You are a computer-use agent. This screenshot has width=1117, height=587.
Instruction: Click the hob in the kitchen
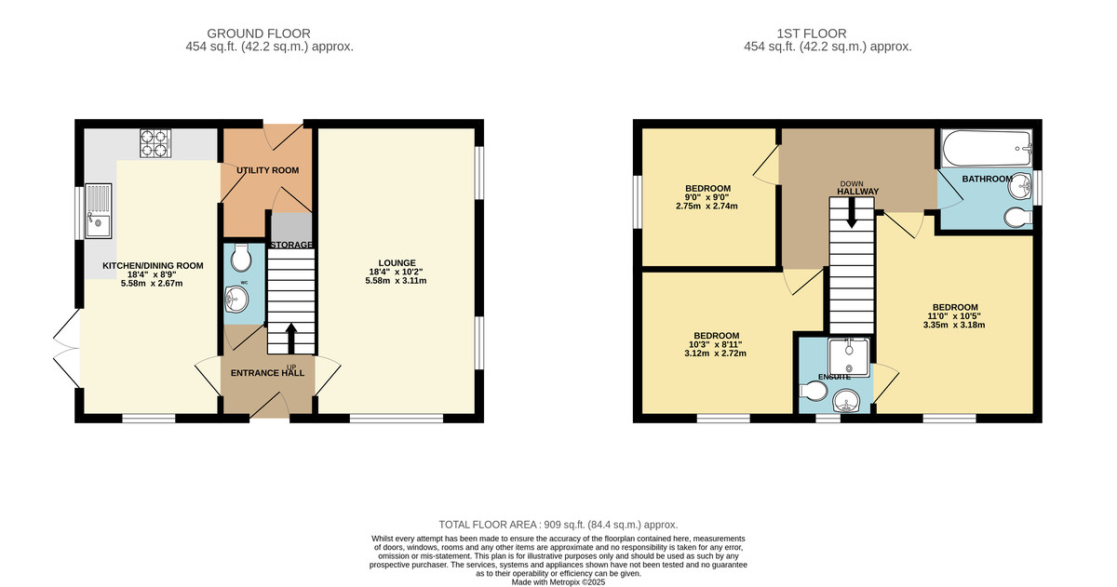click(155, 143)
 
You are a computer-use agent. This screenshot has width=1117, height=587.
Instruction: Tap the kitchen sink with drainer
click(99, 211)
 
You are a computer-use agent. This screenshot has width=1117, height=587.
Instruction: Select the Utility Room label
click(268, 170)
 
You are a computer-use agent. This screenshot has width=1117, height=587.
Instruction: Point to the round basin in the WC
click(236, 299)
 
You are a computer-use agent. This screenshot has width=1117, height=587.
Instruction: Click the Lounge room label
click(397, 263)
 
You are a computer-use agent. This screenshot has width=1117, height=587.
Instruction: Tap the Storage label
click(291, 246)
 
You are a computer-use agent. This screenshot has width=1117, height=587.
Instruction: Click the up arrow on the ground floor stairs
click(291, 339)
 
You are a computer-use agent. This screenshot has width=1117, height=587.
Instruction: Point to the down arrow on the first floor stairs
click(852, 213)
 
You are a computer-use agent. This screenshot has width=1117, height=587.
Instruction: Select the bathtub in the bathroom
click(986, 148)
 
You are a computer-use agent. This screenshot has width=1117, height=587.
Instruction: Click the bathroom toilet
click(1018, 218)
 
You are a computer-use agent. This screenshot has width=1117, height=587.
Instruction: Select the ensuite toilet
click(814, 391)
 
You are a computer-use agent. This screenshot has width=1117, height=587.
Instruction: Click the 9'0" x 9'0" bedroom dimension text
click(708, 197)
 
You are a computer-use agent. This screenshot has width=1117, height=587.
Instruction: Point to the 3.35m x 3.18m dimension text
click(954, 326)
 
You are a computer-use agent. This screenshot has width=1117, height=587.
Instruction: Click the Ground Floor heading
click(259, 33)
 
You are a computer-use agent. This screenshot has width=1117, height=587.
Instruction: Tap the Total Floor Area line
click(558, 525)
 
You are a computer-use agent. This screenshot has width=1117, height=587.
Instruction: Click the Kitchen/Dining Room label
click(153, 266)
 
